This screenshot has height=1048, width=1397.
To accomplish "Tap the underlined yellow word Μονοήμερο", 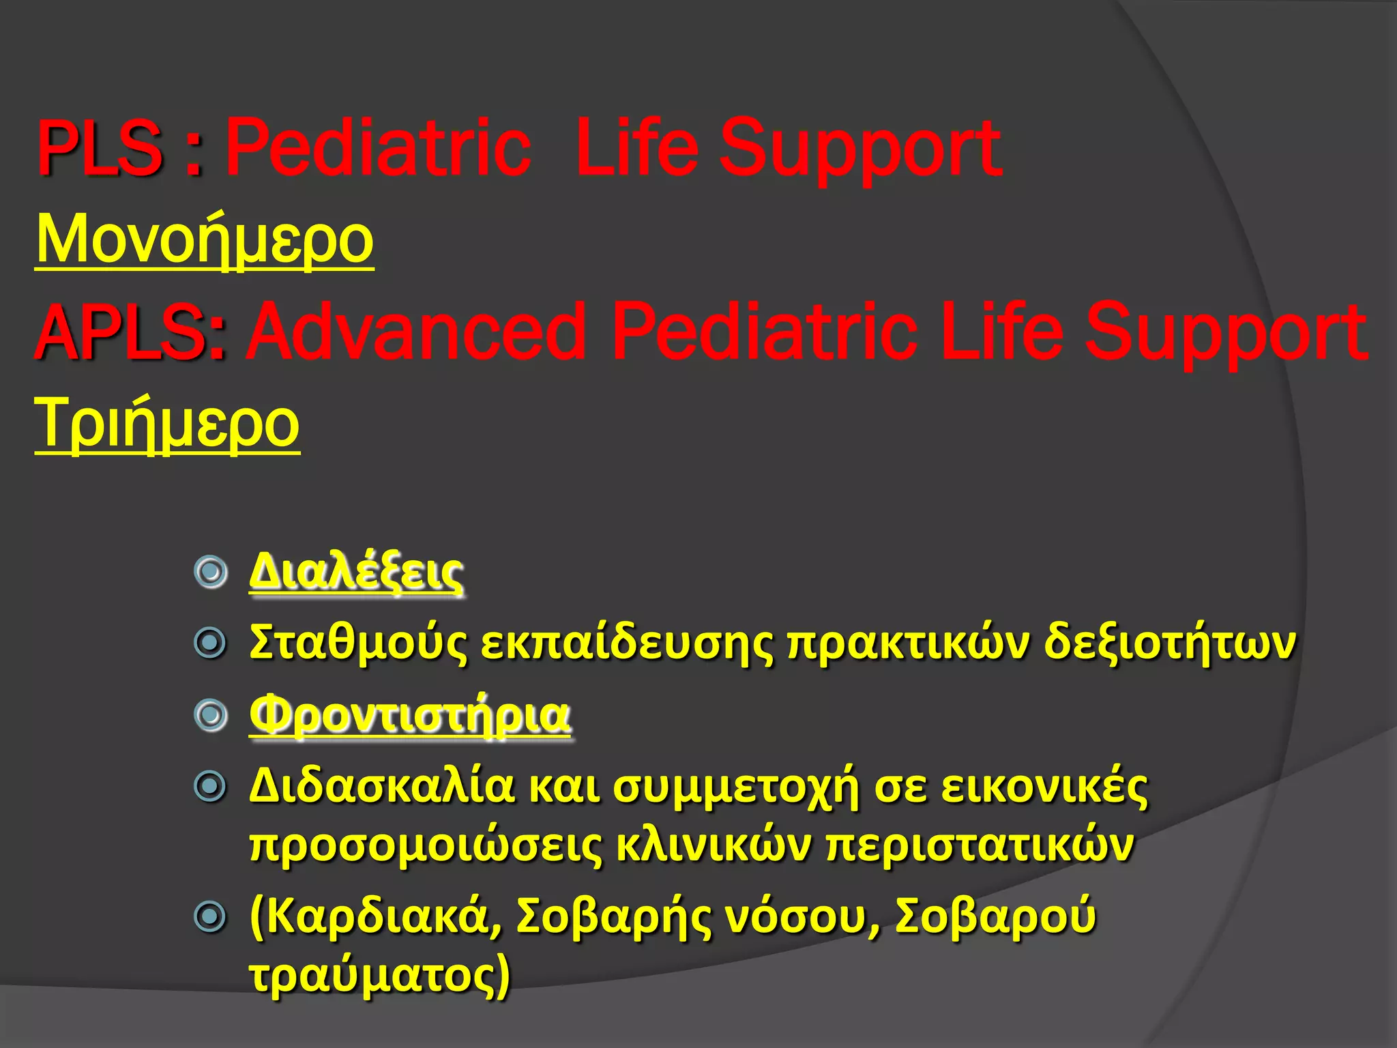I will (205, 239).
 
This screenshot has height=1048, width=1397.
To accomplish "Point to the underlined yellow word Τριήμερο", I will (167, 423).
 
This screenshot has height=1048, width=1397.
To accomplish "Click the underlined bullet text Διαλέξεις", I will (356, 571).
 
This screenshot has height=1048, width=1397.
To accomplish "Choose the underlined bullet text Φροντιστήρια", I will (410, 715).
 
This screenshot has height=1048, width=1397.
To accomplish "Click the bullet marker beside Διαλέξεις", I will (210, 571).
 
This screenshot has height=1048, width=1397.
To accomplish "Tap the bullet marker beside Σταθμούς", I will (210, 643).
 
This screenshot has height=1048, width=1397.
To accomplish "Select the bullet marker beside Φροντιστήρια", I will (210, 715).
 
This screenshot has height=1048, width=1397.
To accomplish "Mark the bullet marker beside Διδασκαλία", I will (210, 787).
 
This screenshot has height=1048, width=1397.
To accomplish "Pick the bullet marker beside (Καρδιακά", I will (210, 917).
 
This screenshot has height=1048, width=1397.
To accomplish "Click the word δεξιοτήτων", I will (1170, 643).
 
